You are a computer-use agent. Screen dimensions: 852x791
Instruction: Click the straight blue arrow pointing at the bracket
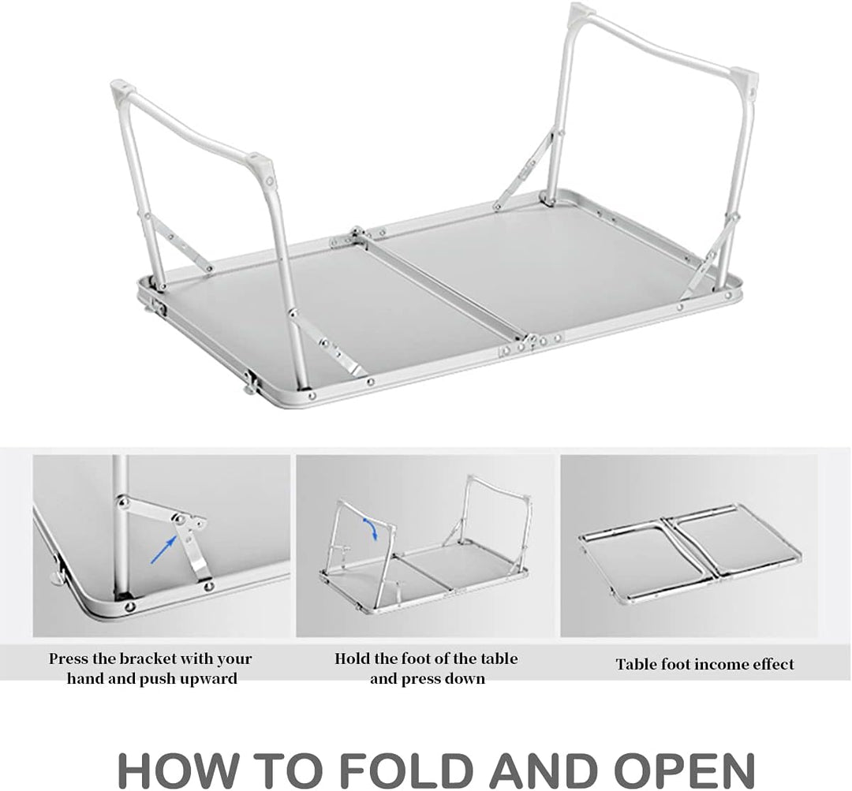[x=163, y=549]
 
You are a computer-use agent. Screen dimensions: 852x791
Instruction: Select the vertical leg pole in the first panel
[x=121, y=526]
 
